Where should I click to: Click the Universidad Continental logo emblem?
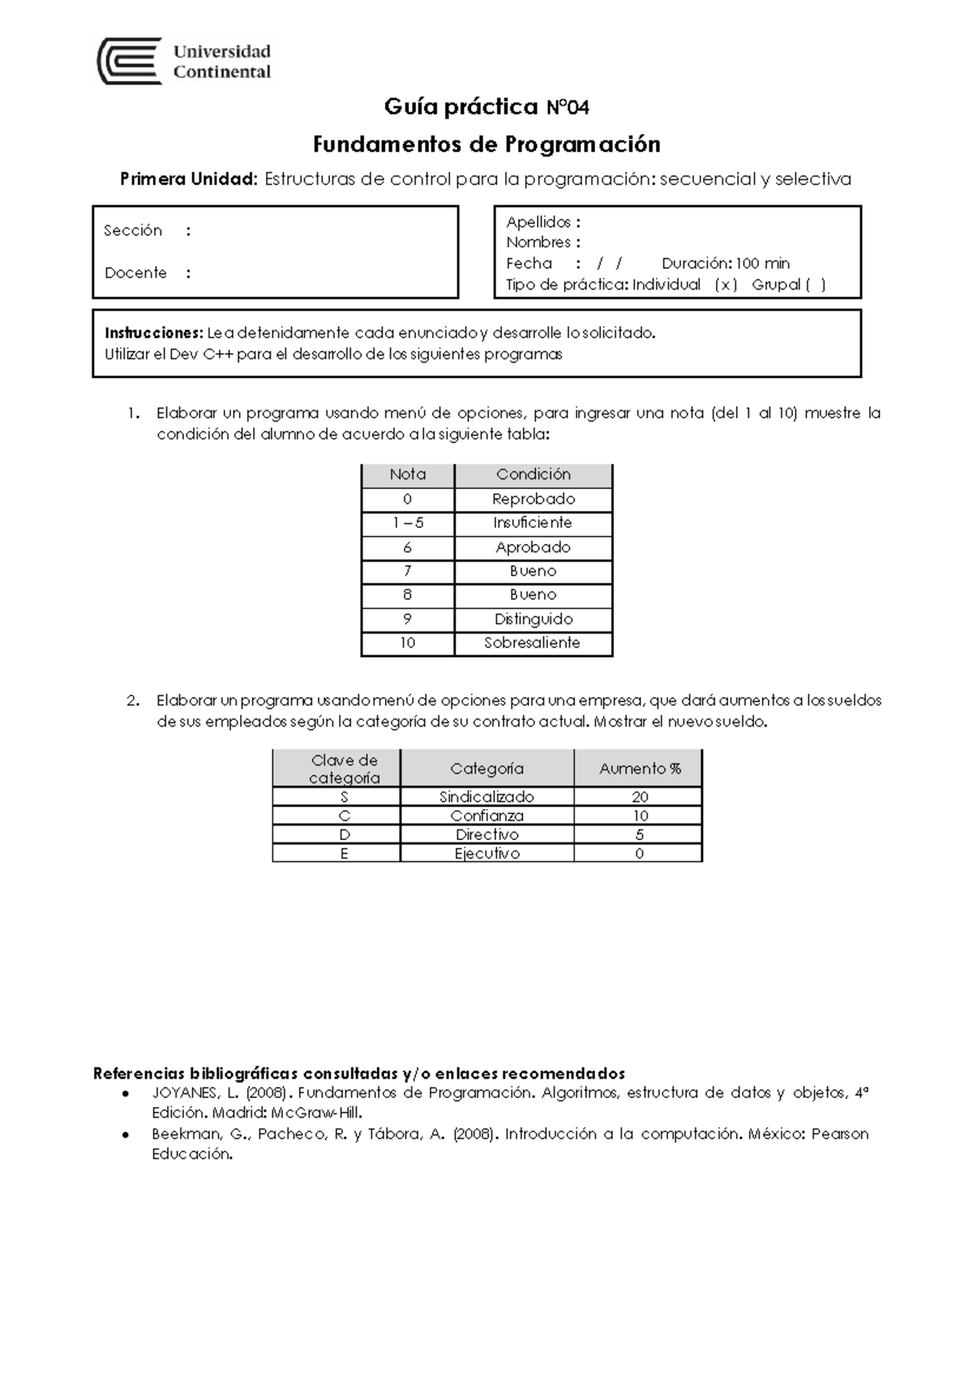tap(128, 61)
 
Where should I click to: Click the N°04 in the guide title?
tap(567, 107)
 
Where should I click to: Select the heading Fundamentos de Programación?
tap(486, 144)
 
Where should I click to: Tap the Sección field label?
tap(133, 231)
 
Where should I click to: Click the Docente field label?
tap(135, 273)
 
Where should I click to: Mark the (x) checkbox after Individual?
tap(726, 285)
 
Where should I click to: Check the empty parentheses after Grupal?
tap(815, 285)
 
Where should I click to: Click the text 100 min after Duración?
tap(762, 264)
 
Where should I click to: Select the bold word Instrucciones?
tap(153, 333)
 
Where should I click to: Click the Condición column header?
tap(533, 474)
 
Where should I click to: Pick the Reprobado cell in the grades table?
tap(533, 500)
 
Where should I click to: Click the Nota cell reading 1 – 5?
tap(407, 523)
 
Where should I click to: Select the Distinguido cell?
tap(533, 620)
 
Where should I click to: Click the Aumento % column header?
tap(639, 769)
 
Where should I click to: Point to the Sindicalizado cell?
tap(486, 797)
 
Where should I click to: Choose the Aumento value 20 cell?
tap(639, 797)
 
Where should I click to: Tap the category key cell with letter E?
tap(344, 854)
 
